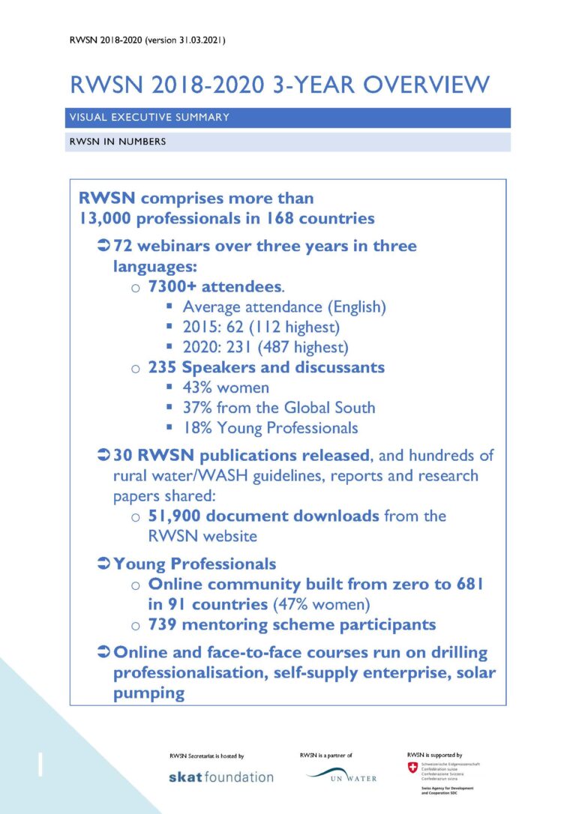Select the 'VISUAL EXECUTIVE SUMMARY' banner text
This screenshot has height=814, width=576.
pyautogui.click(x=148, y=118)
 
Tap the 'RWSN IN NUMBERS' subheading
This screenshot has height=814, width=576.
pyautogui.click(x=117, y=142)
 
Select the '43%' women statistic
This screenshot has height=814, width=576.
pyautogui.click(x=196, y=388)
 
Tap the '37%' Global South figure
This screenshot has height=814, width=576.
pyautogui.click(x=196, y=408)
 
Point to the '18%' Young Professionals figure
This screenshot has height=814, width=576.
pyautogui.click(x=196, y=428)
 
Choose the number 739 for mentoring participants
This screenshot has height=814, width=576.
pyautogui.click(x=162, y=624)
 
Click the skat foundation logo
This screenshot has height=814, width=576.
pyautogui.click(x=220, y=777)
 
